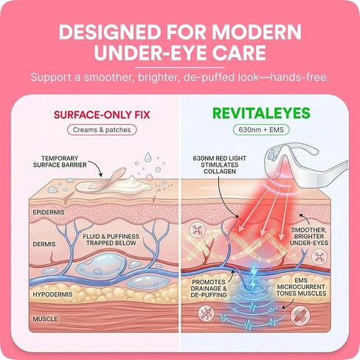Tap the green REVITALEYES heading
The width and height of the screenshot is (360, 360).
click(x=261, y=114)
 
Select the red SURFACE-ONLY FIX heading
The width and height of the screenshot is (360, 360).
click(x=102, y=115)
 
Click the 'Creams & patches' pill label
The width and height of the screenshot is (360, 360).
click(x=102, y=130)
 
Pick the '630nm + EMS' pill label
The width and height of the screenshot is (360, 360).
click(x=261, y=130)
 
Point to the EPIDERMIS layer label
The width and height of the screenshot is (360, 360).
click(x=49, y=212)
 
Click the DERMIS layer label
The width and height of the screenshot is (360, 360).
click(x=44, y=244)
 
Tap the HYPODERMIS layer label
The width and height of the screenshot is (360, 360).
click(x=52, y=294)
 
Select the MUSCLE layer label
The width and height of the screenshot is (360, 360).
click(x=45, y=319)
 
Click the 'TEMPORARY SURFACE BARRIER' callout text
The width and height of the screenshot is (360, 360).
click(x=60, y=162)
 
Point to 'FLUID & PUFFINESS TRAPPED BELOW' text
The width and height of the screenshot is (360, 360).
click(x=111, y=240)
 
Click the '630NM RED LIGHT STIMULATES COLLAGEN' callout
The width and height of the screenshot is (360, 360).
click(x=220, y=165)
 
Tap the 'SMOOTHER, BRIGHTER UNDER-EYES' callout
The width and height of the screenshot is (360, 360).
click(x=309, y=237)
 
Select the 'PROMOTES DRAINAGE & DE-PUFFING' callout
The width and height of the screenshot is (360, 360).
click(x=209, y=288)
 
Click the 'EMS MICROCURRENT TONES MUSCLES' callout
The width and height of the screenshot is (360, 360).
click(x=301, y=287)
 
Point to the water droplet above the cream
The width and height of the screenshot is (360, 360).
click(x=148, y=157)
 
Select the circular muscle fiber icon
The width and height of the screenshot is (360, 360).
click(x=300, y=316)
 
